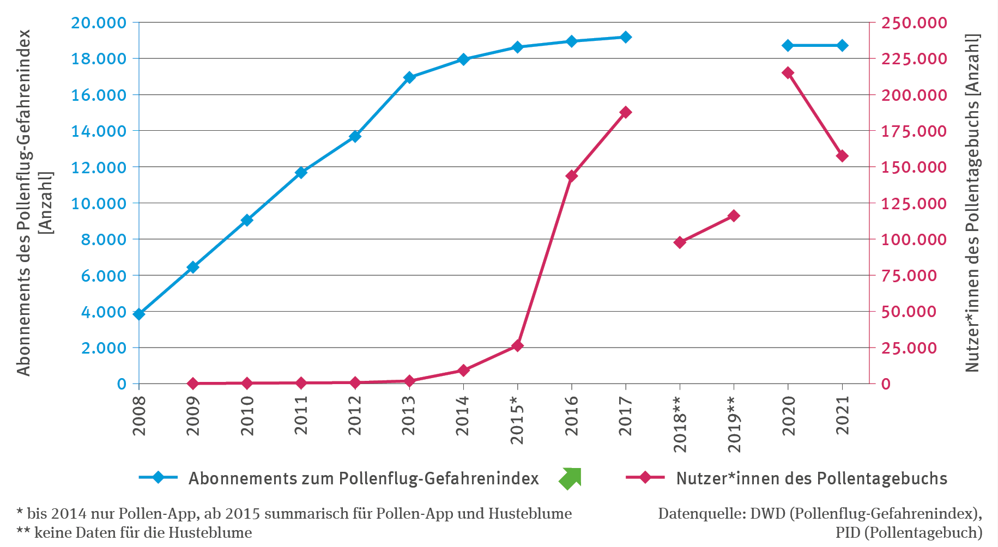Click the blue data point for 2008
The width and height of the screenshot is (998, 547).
[139, 314]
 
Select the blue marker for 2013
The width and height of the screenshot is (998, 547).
[409, 77]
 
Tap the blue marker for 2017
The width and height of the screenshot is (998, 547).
[626, 37]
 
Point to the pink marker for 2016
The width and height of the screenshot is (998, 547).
[572, 176]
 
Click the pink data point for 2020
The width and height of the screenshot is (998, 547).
[788, 72]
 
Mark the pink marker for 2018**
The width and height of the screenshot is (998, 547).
[680, 242]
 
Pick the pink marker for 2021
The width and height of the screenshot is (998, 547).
[842, 156]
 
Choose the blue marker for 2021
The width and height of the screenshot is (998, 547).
[842, 45]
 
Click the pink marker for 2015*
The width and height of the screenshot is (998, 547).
[517, 346]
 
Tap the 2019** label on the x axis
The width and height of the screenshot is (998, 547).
[734, 425]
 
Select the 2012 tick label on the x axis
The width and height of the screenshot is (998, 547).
[355, 415]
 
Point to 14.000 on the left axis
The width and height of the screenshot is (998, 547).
[99, 131]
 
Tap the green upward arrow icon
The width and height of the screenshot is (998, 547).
[570, 478]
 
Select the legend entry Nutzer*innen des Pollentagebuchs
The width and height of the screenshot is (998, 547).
[811, 478]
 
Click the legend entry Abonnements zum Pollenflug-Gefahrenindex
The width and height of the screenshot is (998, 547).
[363, 478]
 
